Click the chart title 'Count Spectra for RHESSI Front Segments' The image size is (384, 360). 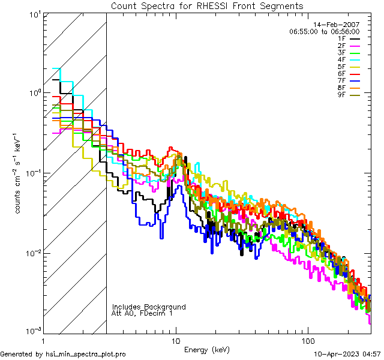pyautogui.click(x=207, y=5)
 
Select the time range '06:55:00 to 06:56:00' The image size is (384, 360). pyautogui.click(x=324, y=31)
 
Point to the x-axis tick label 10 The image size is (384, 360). pyautogui.click(x=175, y=340)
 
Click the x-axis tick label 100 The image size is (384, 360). pyautogui.click(x=307, y=340)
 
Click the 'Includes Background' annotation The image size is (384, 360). pyautogui.click(x=149, y=307)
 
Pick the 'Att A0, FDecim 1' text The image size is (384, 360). pyautogui.click(x=142, y=313)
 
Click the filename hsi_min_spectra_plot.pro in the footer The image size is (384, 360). pyautogui.click(x=86, y=355)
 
